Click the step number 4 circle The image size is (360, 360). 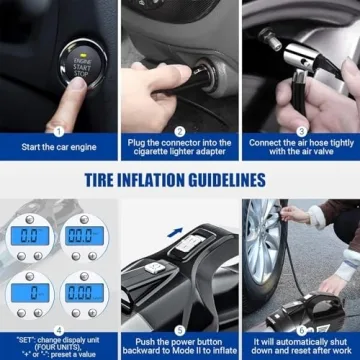pyautogui.click(x=58, y=329)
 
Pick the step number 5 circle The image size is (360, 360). pyautogui.click(x=180, y=329)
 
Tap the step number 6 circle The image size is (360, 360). pyautogui.click(x=300, y=329)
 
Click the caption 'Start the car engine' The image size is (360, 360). pyautogui.click(x=59, y=148)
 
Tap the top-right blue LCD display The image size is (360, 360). pyautogui.click(x=84, y=235)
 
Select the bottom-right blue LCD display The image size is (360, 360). pyautogui.click(x=84, y=292)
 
